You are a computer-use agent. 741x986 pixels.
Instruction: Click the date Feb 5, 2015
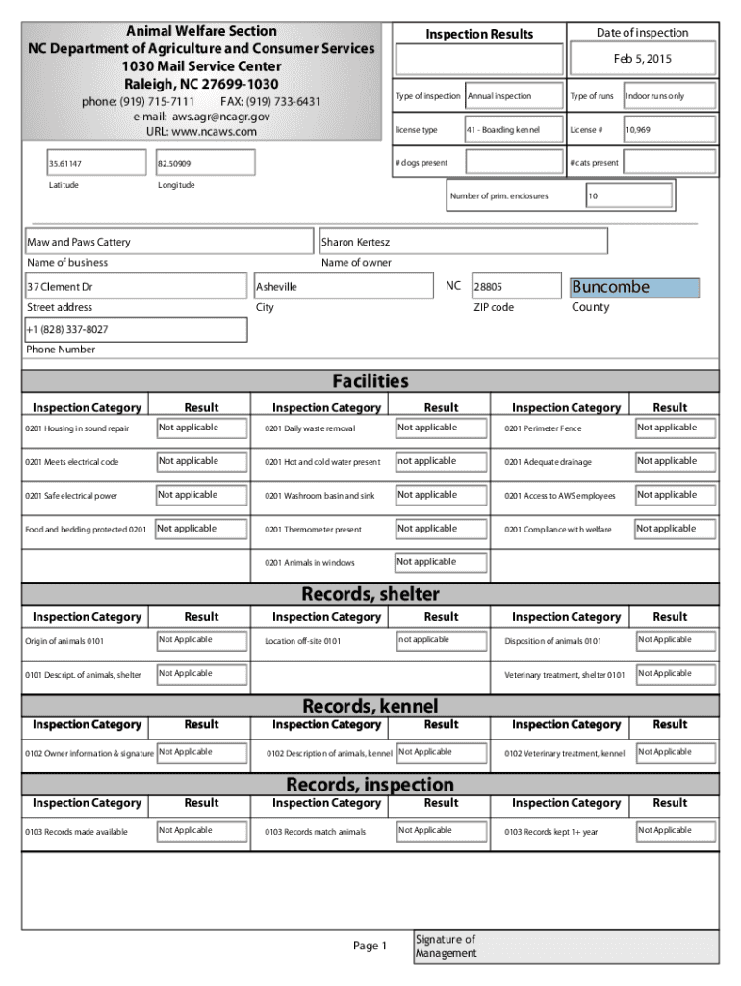point(642,59)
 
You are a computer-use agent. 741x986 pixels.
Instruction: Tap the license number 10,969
point(640,129)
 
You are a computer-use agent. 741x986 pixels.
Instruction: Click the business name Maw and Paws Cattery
point(79,242)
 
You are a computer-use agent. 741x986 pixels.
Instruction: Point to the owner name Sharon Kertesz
point(355,242)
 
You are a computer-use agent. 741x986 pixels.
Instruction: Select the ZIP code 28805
point(488,287)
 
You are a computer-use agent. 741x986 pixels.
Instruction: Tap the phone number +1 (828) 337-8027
point(67,329)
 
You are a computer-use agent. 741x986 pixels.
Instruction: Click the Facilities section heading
point(370,381)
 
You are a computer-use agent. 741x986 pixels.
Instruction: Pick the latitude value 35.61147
point(67,164)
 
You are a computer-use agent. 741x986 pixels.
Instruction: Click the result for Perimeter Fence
point(668,428)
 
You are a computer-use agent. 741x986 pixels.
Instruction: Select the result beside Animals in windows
point(427,562)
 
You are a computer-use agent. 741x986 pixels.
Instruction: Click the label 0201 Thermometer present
point(313,530)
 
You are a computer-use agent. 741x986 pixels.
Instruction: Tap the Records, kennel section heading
point(370,707)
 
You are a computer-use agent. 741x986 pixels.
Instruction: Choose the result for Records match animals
point(425,830)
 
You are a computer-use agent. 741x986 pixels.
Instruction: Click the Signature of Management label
point(446,947)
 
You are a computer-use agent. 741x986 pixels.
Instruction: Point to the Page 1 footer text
point(370,947)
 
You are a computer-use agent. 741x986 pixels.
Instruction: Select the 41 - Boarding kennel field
point(502,129)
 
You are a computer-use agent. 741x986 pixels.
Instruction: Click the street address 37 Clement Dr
point(60,287)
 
